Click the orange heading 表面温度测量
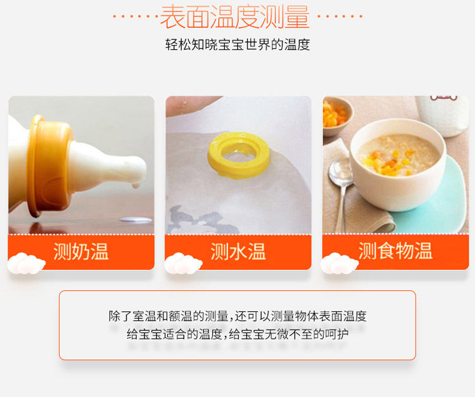click(235, 17)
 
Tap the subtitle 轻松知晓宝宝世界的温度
click(237, 45)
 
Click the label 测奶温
click(81, 251)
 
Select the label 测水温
click(238, 251)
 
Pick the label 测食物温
click(395, 251)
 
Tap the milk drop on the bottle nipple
click(136, 184)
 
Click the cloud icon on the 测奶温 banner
click(26, 263)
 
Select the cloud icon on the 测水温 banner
click(183, 263)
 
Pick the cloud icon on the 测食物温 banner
click(339, 263)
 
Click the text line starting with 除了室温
click(237, 316)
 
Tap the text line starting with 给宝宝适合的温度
click(237, 334)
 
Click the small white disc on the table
click(136, 220)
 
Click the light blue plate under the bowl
click(436, 200)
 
